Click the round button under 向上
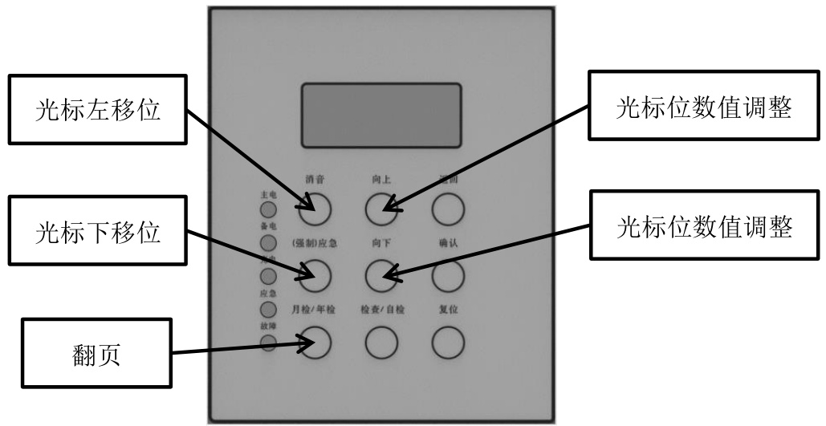coord(381,210)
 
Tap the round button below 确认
coord(449,276)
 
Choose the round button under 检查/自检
coord(381,343)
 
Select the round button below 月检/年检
coord(315,343)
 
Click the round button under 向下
coord(381,276)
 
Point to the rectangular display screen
coord(380,114)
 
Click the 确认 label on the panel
coord(448,244)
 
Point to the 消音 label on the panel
coord(315,179)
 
